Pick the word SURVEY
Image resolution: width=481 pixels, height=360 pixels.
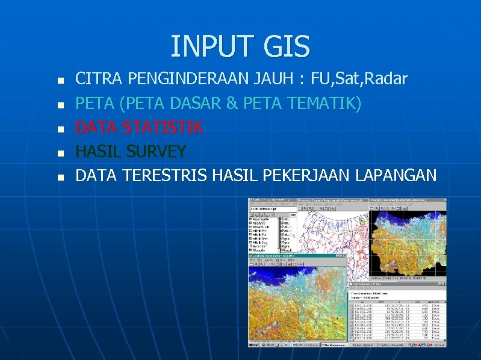(x=157, y=151)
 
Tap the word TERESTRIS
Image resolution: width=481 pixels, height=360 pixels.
(x=164, y=175)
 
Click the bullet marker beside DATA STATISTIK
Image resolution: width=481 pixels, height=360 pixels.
(x=58, y=129)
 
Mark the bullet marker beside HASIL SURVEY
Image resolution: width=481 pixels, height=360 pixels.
(x=58, y=153)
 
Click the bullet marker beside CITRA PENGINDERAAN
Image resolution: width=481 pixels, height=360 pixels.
(x=58, y=80)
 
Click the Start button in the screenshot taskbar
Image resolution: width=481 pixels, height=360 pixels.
(x=256, y=345)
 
